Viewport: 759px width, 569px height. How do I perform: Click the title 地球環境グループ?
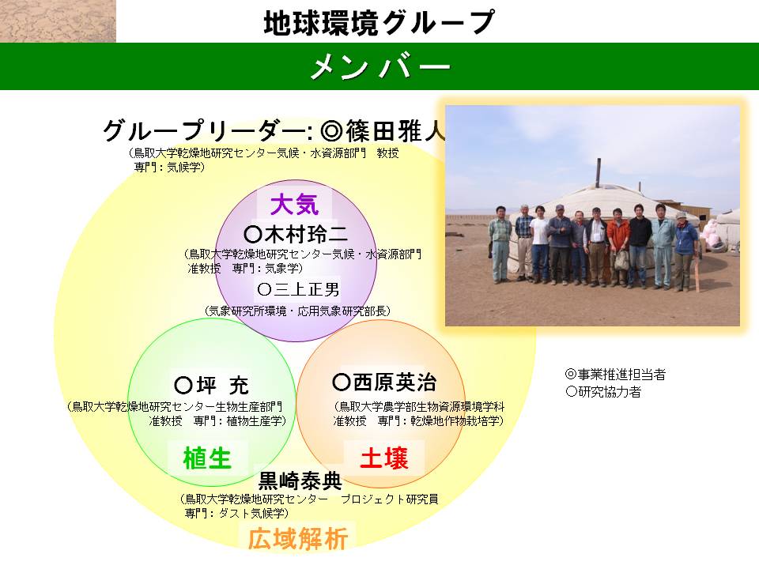(x=379, y=22)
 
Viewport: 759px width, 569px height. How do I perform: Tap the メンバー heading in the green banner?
(x=380, y=66)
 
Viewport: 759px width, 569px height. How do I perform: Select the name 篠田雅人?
(x=395, y=130)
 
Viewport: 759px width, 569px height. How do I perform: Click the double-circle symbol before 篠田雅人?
(x=331, y=130)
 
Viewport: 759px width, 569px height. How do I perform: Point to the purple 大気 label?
(x=294, y=204)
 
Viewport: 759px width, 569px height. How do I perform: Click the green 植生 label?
(x=207, y=458)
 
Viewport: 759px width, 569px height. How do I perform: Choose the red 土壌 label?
(x=384, y=458)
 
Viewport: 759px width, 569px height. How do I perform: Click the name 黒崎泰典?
(x=300, y=480)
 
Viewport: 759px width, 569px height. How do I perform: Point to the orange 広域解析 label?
(x=298, y=538)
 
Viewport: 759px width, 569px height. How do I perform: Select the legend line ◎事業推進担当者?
(x=615, y=374)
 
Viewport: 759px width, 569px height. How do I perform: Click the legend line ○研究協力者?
(x=603, y=391)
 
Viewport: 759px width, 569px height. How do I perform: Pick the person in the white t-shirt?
(x=539, y=243)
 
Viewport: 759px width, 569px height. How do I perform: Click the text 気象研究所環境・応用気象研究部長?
(x=298, y=311)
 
